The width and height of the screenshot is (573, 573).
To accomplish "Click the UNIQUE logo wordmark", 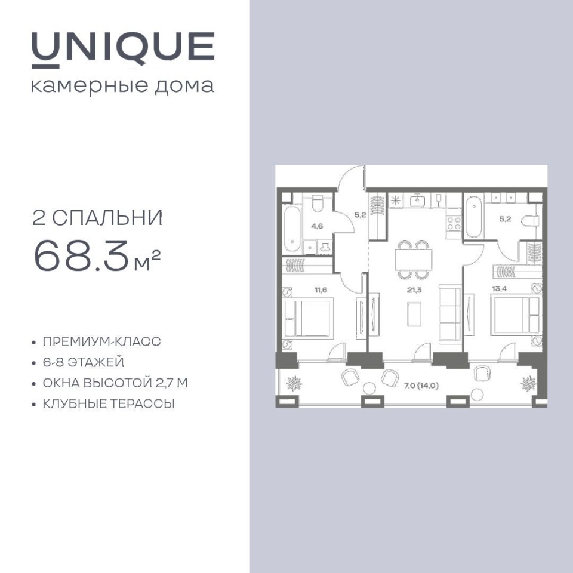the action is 123,50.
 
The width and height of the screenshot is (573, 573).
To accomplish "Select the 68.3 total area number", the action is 81,256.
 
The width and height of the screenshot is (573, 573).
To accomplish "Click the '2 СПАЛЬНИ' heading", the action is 97,218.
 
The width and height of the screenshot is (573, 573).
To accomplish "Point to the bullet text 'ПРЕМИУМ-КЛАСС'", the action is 102,341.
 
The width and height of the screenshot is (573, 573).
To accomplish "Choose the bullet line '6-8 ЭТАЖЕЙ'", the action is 84,362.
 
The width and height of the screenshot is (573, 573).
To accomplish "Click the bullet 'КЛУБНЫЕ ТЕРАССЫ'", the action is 109,404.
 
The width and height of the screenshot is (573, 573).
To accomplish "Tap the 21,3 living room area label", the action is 414,290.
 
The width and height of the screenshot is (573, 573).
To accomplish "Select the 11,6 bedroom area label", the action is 321,290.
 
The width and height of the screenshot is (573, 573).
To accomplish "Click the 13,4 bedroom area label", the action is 499,289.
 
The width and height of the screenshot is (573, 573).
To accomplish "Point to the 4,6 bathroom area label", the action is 317,226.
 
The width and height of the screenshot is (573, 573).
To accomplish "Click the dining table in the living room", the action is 413,260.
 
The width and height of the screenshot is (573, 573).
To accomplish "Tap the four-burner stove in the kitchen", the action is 454,224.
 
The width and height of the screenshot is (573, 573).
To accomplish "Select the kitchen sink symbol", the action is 417,201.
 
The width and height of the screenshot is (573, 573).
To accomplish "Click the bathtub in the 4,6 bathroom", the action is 292,229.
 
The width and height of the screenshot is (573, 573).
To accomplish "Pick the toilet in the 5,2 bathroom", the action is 530,221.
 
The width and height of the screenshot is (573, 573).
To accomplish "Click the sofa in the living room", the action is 450,315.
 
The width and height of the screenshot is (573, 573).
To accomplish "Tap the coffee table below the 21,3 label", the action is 414,314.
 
